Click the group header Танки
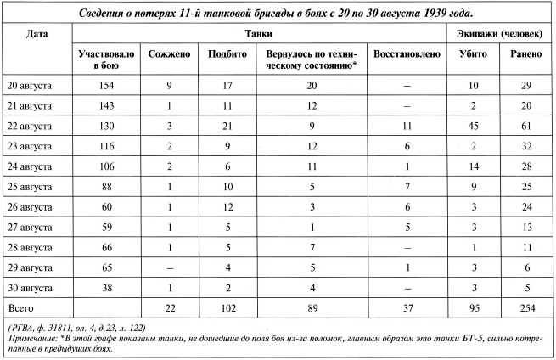point(269,32)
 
